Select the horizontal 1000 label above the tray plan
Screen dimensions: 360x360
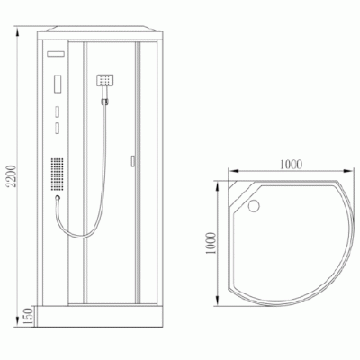(x=290, y=165)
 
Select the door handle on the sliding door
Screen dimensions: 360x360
(x=132, y=162)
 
